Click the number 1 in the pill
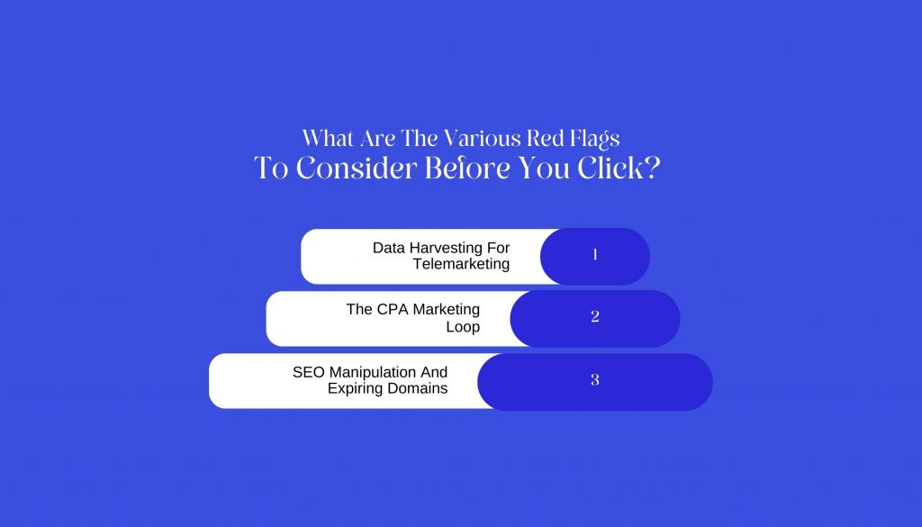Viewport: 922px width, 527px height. pyautogui.click(x=595, y=255)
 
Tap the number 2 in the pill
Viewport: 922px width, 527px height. pyautogui.click(x=595, y=316)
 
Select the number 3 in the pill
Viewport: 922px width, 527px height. pyautogui.click(x=595, y=380)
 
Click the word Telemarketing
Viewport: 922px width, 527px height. pyautogui.click(x=461, y=264)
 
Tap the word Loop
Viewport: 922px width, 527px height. pyautogui.click(x=463, y=327)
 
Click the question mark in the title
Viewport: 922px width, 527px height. pyautogui.click(x=653, y=168)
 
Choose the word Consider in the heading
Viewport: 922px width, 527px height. pyautogui.click(x=356, y=168)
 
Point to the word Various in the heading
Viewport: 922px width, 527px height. pyautogui.click(x=482, y=139)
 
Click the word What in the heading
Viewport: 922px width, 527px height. pyautogui.click(x=328, y=139)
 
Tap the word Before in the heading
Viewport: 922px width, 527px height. pyautogui.click(x=467, y=168)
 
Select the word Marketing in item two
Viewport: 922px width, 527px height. pyautogui.click(x=447, y=310)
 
